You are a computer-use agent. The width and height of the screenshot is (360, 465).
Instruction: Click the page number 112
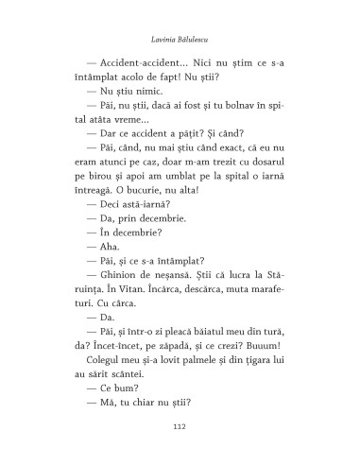pyautogui.click(x=180, y=427)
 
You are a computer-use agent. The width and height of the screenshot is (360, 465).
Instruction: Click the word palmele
pyautogui.click(x=190, y=360)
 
